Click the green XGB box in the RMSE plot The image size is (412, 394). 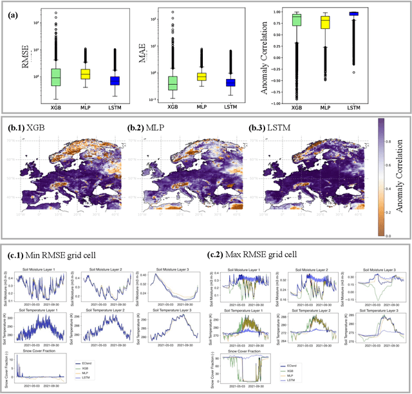pos(56,76)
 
